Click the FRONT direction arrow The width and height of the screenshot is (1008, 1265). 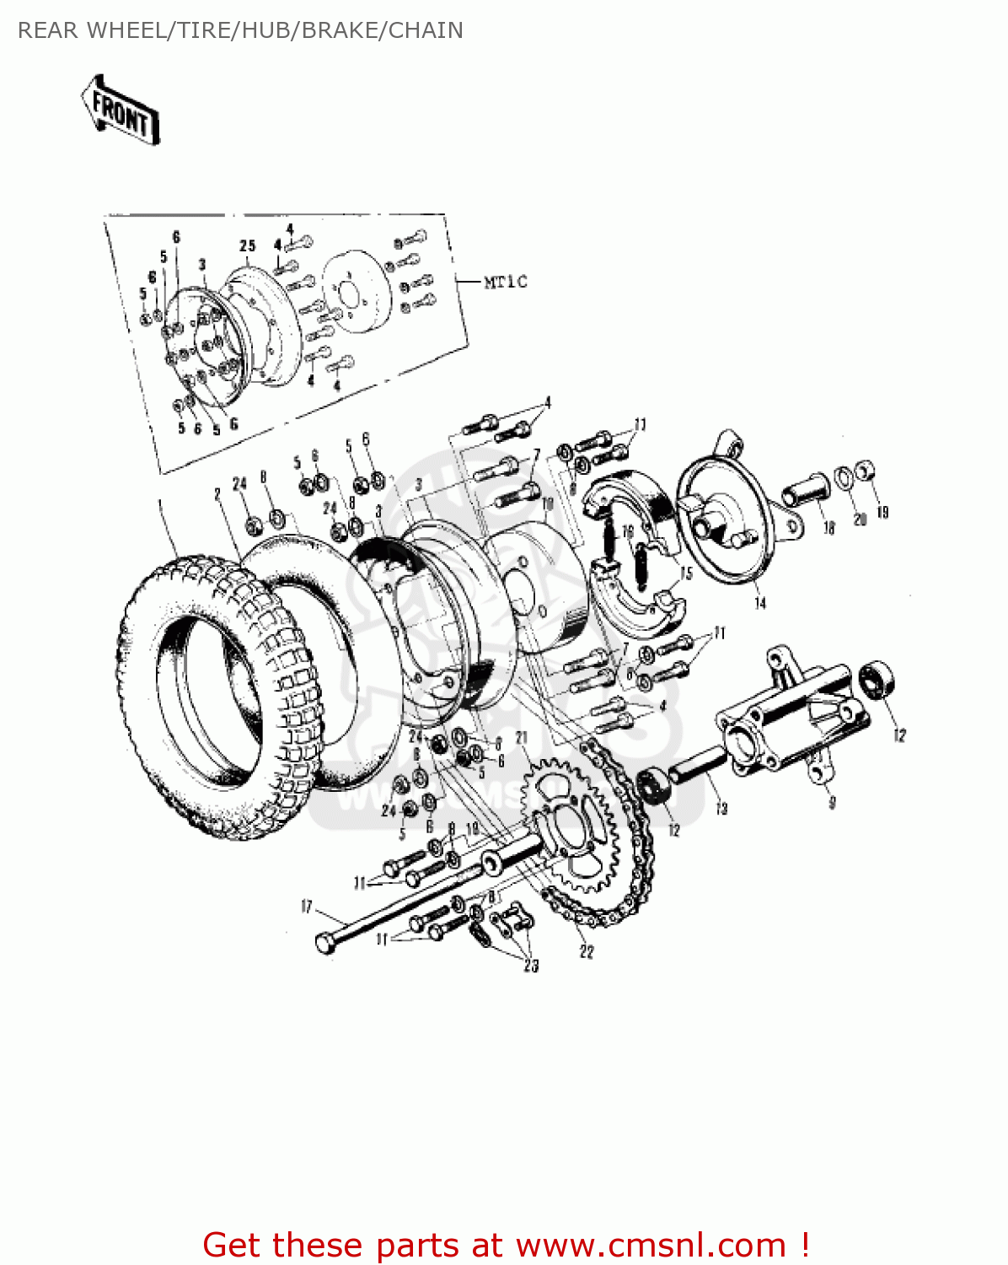121,110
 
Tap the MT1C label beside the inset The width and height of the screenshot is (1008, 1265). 505,282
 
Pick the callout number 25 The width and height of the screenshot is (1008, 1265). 247,245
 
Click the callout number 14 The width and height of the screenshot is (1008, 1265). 759,603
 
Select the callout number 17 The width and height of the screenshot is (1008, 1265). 306,907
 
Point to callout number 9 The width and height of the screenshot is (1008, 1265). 832,802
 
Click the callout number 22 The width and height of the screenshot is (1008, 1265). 587,951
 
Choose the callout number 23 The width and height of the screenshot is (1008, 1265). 530,966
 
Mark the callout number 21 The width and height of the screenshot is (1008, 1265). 522,738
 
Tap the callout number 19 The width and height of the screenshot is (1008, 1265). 882,512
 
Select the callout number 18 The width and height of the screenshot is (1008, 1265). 829,528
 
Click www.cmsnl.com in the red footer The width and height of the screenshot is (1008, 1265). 651,1245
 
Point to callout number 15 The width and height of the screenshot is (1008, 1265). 686,573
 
